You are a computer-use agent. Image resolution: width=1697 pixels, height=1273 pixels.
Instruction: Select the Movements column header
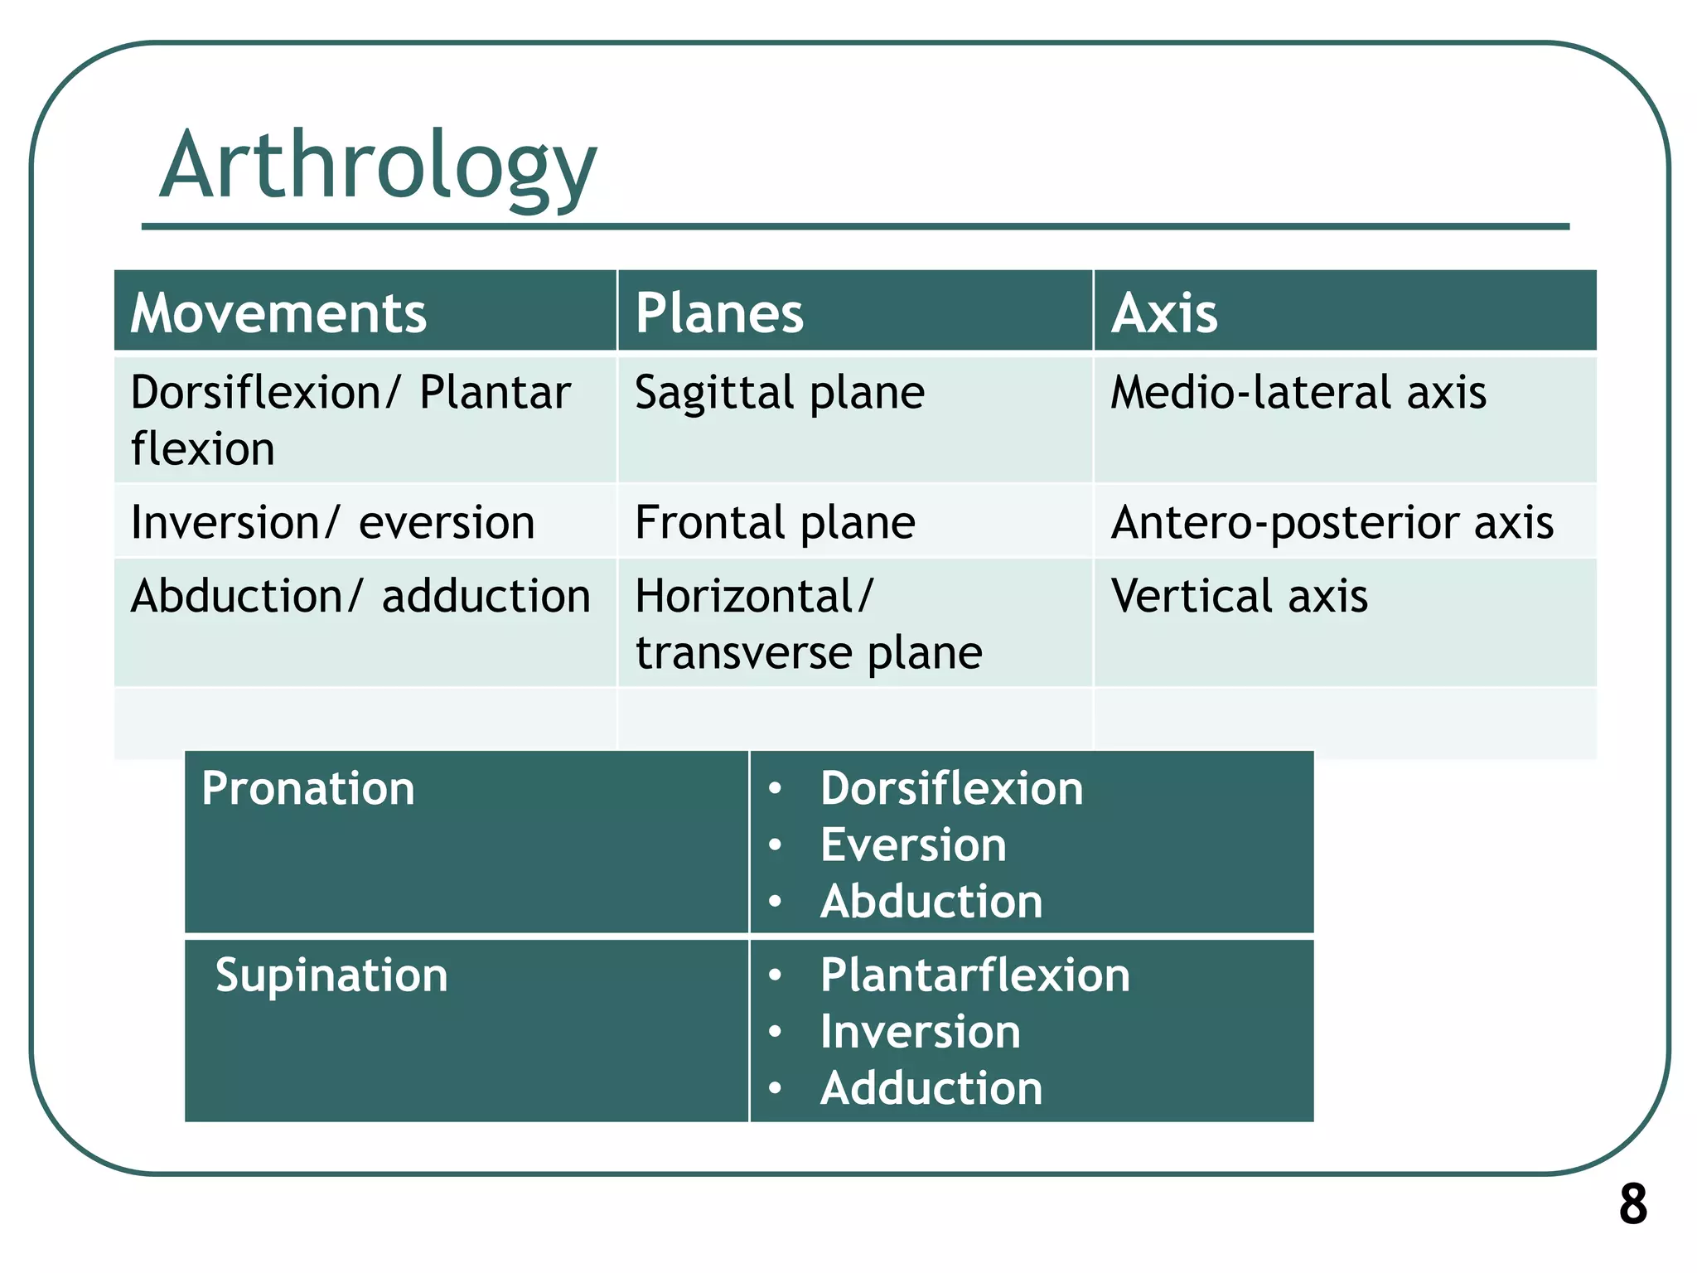click(x=278, y=313)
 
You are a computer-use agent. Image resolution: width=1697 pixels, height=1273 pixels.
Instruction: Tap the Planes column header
click(x=719, y=313)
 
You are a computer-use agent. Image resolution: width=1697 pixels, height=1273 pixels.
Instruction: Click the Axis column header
click(x=1164, y=313)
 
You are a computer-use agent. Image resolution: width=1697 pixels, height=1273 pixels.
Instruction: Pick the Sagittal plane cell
click(x=779, y=392)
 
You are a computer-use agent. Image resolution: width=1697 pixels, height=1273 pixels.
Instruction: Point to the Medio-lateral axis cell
click(x=1298, y=392)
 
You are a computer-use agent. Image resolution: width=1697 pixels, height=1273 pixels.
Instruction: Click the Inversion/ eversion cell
click(x=332, y=522)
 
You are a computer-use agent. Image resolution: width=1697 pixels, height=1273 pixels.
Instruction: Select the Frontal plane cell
click(x=775, y=522)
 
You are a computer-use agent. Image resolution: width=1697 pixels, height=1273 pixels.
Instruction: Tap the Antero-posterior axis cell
click(x=1332, y=522)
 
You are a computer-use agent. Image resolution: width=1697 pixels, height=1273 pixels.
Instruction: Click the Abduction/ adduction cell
click(x=360, y=596)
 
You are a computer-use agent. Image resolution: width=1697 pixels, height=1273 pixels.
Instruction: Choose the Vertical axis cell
click(x=1239, y=596)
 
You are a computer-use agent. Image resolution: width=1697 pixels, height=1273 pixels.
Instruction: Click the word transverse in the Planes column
click(x=743, y=653)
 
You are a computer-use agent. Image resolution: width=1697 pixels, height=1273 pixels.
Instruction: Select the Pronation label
click(x=307, y=788)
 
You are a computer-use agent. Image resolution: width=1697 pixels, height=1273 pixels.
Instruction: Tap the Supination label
click(x=331, y=975)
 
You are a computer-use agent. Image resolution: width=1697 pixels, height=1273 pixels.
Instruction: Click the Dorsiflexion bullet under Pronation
click(x=951, y=788)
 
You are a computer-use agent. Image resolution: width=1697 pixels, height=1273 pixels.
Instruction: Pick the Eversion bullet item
click(x=913, y=845)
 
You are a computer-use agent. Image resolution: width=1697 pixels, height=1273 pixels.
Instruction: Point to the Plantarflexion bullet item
click(x=974, y=975)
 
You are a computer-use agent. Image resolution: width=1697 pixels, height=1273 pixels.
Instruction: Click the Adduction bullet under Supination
click(x=931, y=1087)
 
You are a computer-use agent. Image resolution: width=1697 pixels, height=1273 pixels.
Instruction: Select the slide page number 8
click(x=1632, y=1203)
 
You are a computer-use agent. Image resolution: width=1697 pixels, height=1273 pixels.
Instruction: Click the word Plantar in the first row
click(x=495, y=392)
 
